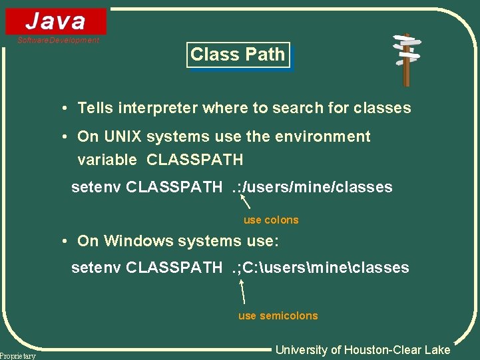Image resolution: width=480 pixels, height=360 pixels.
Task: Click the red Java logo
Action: point(56,21)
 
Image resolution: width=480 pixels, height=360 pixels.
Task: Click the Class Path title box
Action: point(238,55)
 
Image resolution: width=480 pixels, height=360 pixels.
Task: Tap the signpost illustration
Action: point(405,59)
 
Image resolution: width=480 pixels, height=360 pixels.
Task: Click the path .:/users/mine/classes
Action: point(312,188)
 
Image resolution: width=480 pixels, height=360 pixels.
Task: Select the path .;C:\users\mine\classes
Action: point(320,268)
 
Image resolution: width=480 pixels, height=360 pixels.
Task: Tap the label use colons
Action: point(271,220)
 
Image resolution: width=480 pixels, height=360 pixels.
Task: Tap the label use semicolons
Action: point(278,316)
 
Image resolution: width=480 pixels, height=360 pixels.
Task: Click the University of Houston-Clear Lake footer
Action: point(363,350)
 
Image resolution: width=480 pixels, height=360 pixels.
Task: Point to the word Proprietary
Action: point(18,356)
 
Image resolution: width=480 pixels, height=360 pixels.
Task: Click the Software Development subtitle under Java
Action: point(58,41)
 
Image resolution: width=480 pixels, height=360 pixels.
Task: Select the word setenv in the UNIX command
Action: point(96,188)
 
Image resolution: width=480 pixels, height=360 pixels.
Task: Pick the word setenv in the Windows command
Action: point(96,268)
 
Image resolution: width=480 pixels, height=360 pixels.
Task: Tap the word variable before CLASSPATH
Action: point(107,160)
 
